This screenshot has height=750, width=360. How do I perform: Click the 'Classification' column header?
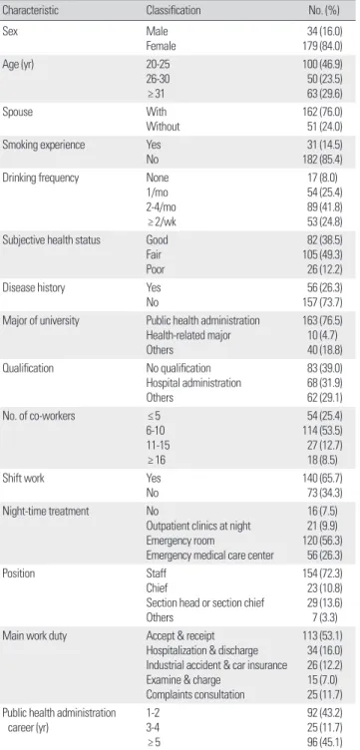point(174,10)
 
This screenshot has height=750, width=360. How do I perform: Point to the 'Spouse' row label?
point(16,112)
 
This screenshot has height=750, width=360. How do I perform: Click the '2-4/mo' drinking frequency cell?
point(162,207)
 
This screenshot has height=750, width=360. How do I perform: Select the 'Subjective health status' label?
point(52,239)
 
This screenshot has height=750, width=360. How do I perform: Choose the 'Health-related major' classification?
point(188,335)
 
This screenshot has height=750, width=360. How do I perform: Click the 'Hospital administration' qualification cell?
point(193,383)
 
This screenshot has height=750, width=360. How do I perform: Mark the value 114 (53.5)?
point(325,431)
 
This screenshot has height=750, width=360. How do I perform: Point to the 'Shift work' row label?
point(23,478)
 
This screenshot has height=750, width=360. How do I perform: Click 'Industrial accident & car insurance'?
point(216,665)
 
